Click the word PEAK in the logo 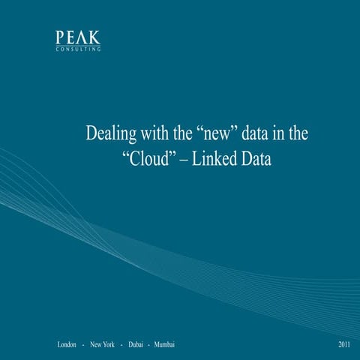point(78,37)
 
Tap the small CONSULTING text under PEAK point(78,49)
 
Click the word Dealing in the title point(111,135)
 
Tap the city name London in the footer point(67,344)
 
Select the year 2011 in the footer point(344,344)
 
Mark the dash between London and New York point(82,344)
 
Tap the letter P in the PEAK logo point(60,37)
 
